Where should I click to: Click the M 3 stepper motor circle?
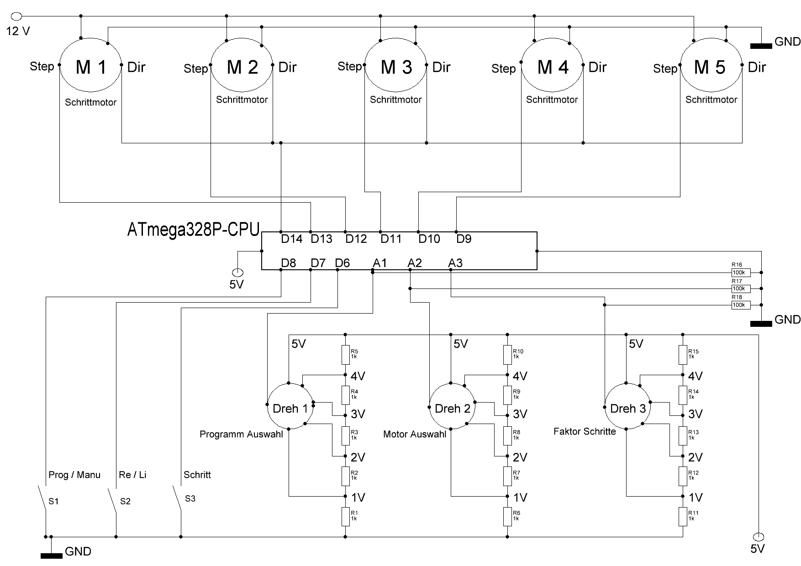tap(395, 68)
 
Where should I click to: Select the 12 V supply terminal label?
tap(18, 31)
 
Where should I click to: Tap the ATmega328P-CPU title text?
tap(193, 230)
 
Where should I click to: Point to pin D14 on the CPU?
tap(291, 239)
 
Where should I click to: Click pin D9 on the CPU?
tap(464, 239)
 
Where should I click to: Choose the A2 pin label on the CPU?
tap(415, 263)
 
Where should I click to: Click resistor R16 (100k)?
tap(741, 273)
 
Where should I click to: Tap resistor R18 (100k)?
tap(741, 305)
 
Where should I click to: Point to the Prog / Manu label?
tap(74, 475)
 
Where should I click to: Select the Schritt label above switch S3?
tap(197, 475)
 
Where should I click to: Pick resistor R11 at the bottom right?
tap(683, 516)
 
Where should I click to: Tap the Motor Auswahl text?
tap(415, 434)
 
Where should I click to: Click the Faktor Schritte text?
tap(585, 431)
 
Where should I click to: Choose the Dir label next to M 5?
tap(757, 68)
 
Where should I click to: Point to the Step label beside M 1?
tap(42, 67)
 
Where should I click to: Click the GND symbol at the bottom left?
tap(52, 555)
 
